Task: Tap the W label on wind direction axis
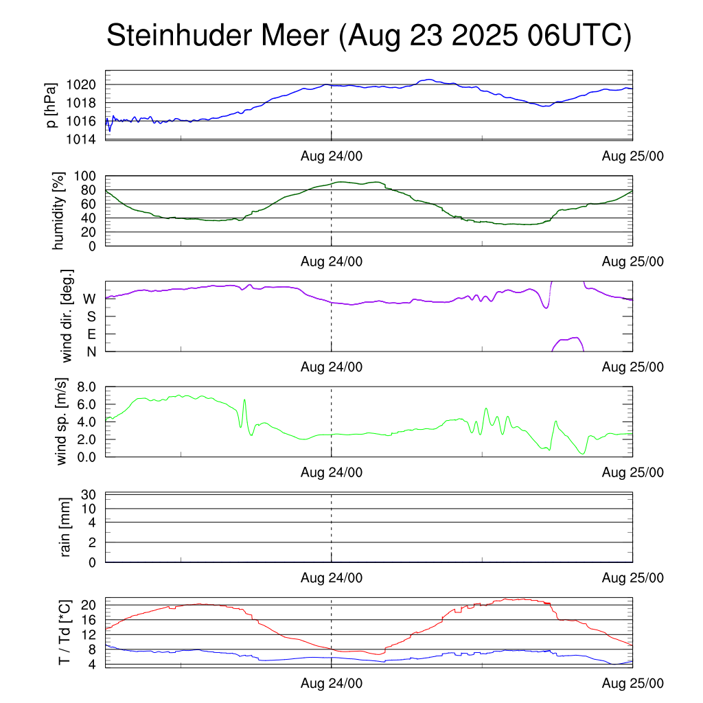(89, 299)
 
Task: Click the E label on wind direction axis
(91, 334)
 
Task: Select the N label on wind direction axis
(91, 351)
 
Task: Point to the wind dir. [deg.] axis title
(67, 316)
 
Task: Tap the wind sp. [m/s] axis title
(62, 422)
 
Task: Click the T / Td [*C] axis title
(64, 632)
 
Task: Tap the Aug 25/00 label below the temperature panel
(633, 683)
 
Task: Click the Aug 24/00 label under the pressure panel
(332, 156)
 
